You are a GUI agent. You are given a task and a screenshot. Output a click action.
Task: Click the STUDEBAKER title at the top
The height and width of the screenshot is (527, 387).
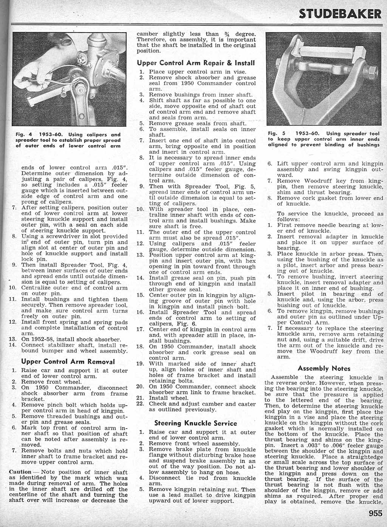click(340, 14)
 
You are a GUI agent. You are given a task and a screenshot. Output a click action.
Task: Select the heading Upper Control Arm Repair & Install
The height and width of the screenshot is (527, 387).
click(196, 62)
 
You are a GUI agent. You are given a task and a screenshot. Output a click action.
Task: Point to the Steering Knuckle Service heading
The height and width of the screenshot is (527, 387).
click(196, 423)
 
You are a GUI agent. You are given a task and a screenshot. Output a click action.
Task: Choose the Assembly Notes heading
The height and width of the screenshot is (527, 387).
click(324, 368)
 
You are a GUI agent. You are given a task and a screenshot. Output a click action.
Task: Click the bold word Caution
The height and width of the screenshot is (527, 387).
click(20, 472)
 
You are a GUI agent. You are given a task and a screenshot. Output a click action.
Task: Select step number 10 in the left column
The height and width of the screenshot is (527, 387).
click(12, 288)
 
